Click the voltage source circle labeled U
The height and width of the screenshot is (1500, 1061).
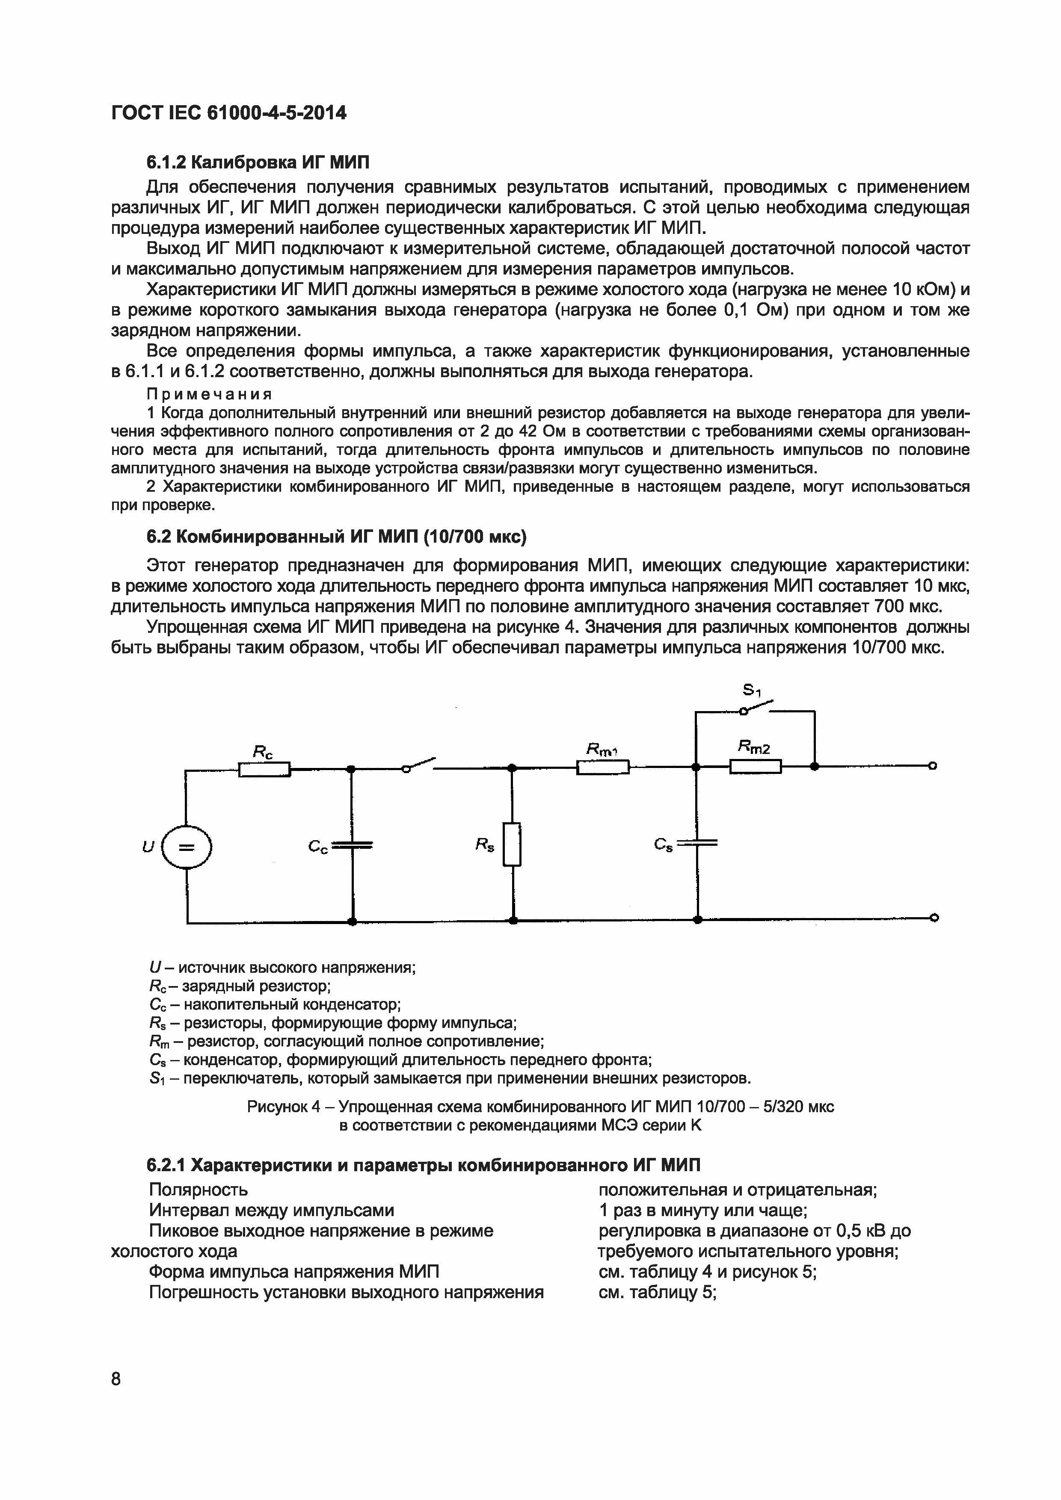click(187, 847)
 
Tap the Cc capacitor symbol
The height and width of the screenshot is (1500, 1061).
click(352, 846)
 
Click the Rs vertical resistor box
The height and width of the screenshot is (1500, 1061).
click(513, 844)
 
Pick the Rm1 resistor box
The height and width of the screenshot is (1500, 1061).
click(603, 767)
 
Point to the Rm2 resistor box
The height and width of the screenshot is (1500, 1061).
click(755, 766)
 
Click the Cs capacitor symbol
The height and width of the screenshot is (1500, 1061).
click(697, 843)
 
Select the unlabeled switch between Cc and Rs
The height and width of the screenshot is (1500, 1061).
click(419, 765)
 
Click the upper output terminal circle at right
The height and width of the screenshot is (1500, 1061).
click(933, 766)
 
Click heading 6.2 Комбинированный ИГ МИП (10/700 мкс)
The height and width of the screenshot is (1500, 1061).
click(336, 536)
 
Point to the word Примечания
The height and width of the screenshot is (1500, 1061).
click(209, 394)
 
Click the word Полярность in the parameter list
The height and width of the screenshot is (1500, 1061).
click(198, 1189)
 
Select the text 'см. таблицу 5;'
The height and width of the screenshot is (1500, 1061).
click(657, 1292)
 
